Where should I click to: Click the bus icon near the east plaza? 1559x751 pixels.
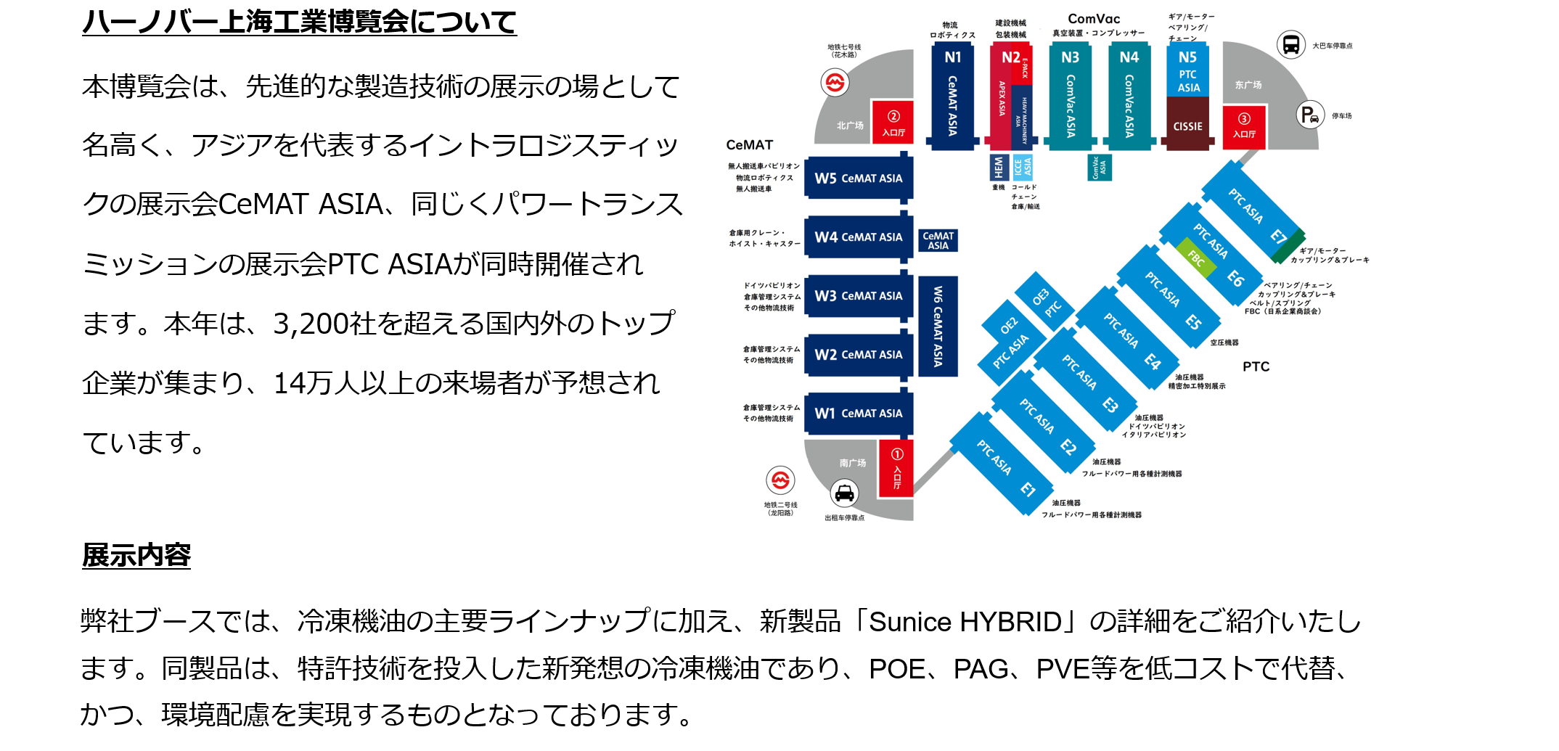pos(1290,44)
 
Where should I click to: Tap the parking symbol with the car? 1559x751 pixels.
pos(1310,115)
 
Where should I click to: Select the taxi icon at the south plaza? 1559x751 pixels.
pos(844,493)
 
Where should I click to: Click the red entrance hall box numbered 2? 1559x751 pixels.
pos(893,123)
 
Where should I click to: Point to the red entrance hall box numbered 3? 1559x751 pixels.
pos(1244,126)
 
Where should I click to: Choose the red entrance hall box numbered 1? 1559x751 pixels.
pos(896,469)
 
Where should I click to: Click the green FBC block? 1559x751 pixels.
pos(1197,258)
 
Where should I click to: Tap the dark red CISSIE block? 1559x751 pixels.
pos(1187,125)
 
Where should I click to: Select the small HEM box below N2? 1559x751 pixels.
pos(999,168)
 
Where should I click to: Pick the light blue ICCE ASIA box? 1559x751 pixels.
pos(1023,168)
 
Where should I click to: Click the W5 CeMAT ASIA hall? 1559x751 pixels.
pos(858,178)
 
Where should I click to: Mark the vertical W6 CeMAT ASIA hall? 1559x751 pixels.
pos(938,326)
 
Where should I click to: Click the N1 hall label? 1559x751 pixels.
pos(952,57)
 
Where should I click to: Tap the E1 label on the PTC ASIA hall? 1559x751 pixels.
pos(1028,489)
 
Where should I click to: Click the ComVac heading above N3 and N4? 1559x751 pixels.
pos(1094,19)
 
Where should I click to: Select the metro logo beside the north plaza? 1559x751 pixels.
pos(835,83)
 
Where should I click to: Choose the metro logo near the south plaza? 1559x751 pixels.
pos(780,480)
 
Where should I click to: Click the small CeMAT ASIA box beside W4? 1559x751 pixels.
pos(938,241)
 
